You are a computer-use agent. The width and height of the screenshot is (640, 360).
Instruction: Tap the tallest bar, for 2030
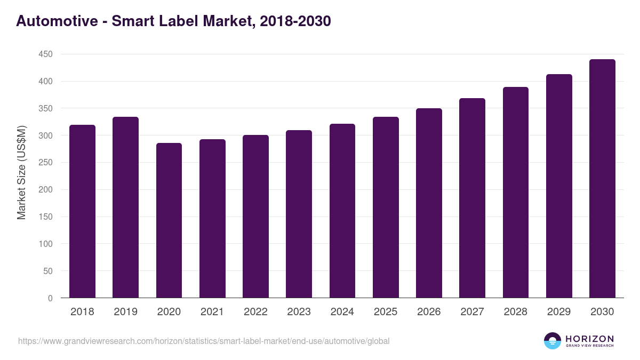[x=602, y=179]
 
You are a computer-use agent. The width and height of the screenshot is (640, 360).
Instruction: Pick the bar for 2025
[x=386, y=207]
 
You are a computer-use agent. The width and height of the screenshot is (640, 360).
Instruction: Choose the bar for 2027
[x=472, y=198]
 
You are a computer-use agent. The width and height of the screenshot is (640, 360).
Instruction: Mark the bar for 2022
[x=255, y=217]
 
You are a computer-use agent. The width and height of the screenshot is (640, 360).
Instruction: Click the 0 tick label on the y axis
[x=50, y=298]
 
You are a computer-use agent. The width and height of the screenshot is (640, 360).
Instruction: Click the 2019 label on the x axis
[x=125, y=312]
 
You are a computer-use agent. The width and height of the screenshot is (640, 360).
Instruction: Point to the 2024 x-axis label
[x=342, y=312]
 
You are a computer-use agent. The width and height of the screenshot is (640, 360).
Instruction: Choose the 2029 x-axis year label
[x=559, y=312]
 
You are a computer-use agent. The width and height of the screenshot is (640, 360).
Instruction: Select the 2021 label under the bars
[x=212, y=312]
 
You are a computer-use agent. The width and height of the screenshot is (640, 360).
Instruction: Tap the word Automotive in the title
[x=55, y=21]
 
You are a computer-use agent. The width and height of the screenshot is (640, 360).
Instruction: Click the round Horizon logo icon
[x=553, y=341]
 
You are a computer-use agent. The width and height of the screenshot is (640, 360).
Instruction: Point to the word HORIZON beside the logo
[x=589, y=338]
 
